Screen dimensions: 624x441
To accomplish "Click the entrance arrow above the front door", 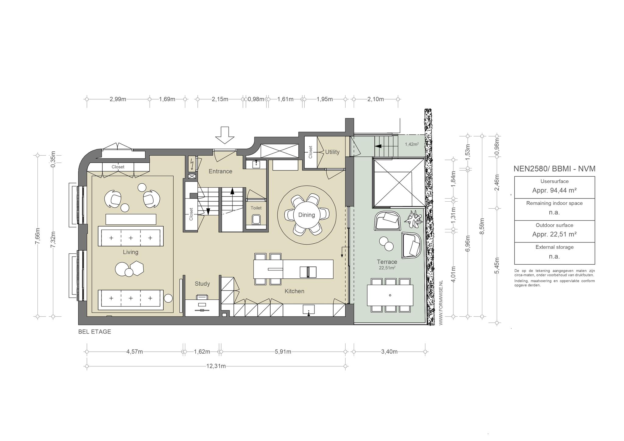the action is (x=225, y=135).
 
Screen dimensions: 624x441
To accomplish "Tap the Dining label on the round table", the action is (x=307, y=215).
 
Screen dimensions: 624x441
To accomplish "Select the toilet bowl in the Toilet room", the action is (x=256, y=220).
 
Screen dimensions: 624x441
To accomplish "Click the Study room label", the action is (x=202, y=284).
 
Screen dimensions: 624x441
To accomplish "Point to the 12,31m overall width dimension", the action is (x=216, y=366).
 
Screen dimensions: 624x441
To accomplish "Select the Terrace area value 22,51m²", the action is (x=387, y=268).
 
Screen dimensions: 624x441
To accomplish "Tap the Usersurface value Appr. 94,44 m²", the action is (x=554, y=190).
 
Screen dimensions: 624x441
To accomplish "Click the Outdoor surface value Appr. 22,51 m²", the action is (x=554, y=234).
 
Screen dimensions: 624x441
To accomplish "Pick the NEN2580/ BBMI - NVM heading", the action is (x=554, y=169).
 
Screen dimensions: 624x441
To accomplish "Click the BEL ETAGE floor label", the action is (x=95, y=332).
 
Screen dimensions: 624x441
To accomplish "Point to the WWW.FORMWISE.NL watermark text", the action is (x=441, y=303).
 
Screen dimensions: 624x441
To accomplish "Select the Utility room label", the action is (x=332, y=152).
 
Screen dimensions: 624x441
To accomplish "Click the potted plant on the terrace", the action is (x=414, y=219).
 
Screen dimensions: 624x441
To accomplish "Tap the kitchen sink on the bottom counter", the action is (x=309, y=310).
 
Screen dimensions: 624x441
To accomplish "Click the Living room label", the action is (x=130, y=252).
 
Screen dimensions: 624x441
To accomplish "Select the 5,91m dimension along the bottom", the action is (x=283, y=352).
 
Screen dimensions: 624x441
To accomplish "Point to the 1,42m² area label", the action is (x=412, y=144).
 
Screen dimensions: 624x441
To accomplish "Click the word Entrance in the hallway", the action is (x=220, y=171).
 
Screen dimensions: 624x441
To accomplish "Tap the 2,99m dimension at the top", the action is (x=118, y=99).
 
